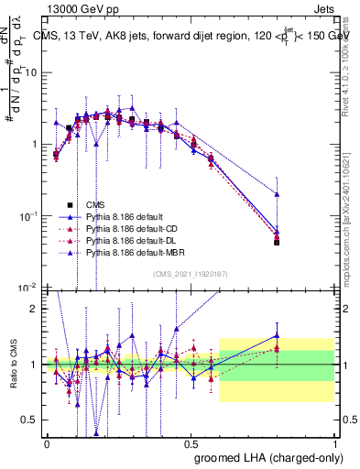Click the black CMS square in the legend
70,205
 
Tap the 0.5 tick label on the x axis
191,442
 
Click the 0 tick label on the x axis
47,442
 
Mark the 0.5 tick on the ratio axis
30,420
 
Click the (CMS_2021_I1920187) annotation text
190,274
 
